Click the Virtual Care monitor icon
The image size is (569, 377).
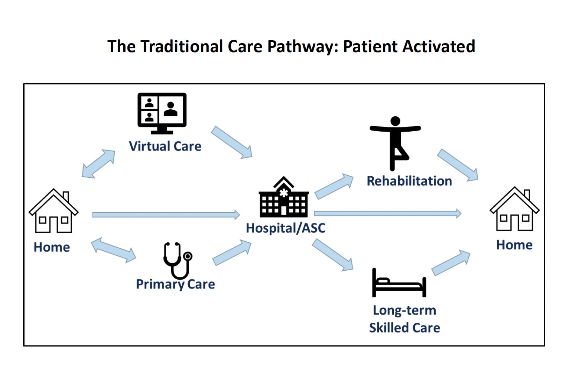click(x=162, y=113)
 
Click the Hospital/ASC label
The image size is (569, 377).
click(x=286, y=228)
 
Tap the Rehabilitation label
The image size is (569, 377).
click(x=409, y=181)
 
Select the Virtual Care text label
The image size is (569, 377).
click(x=165, y=146)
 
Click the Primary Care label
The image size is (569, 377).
click(x=175, y=284)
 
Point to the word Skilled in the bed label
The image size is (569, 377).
click(x=388, y=328)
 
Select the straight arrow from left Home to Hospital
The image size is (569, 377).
click(x=166, y=215)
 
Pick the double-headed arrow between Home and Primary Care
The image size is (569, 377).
click(x=114, y=250)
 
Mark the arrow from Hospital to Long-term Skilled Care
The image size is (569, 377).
click(x=332, y=255)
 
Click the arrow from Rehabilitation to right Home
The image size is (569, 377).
click(x=458, y=165)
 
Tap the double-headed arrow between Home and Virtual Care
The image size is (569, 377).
click(x=98, y=164)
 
